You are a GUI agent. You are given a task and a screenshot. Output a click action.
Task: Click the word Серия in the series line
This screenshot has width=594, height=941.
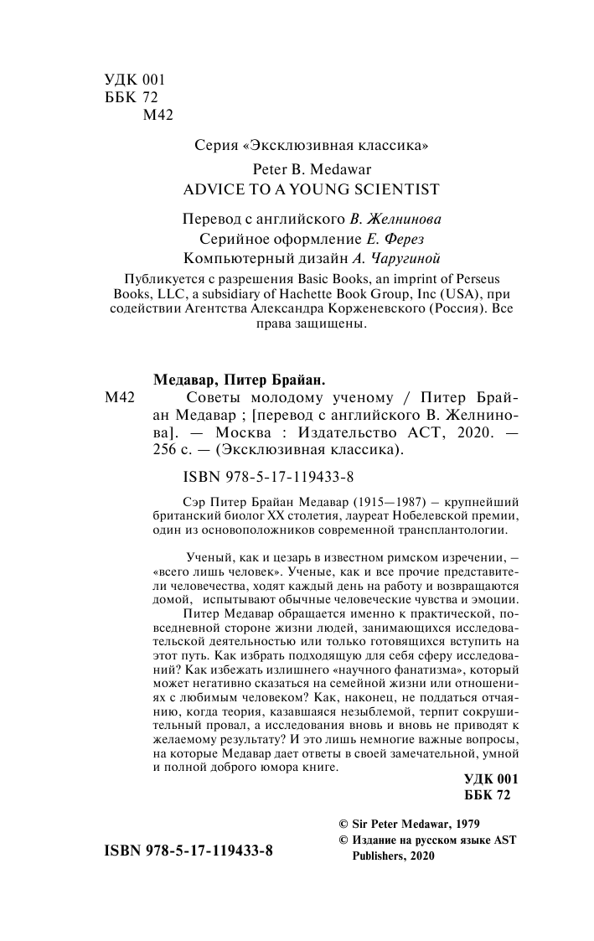[212, 145]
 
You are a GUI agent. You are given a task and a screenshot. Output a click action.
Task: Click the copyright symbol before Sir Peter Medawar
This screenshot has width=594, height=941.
[342, 825]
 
